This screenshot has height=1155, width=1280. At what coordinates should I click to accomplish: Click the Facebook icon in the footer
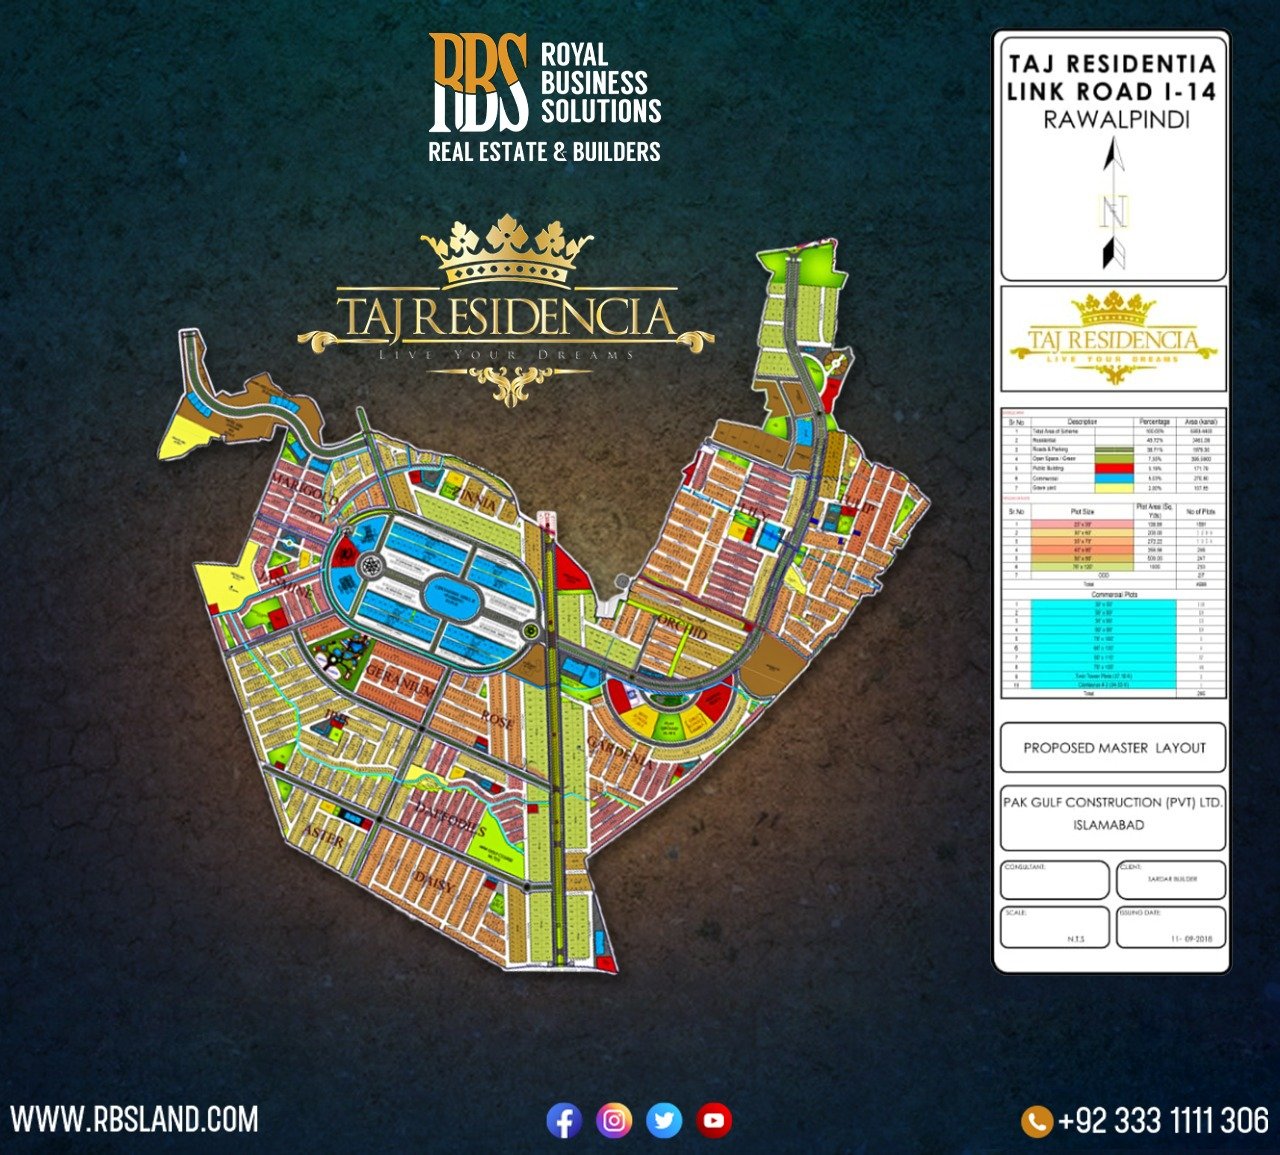(564, 1120)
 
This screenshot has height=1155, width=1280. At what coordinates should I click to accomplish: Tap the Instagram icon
(614, 1120)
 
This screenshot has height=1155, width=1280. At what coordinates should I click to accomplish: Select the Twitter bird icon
(664, 1120)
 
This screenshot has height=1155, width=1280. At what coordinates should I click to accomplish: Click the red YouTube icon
(714, 1120)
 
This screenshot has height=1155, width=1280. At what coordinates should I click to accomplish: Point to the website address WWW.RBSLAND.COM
(134, 1119)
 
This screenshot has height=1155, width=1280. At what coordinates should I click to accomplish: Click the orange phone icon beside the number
(1037, 1120)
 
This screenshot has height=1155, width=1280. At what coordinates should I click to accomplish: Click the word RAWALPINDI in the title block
(1116, 120)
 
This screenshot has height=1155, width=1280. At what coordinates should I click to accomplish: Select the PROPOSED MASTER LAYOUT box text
(1114, 748)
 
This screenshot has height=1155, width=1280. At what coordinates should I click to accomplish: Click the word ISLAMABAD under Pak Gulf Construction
(1108, 825)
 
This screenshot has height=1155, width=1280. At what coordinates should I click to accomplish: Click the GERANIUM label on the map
(401, 679)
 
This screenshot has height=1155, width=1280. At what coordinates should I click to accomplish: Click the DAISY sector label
(434, 882)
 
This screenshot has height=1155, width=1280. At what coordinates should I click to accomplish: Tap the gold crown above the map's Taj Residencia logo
(506, 251)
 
